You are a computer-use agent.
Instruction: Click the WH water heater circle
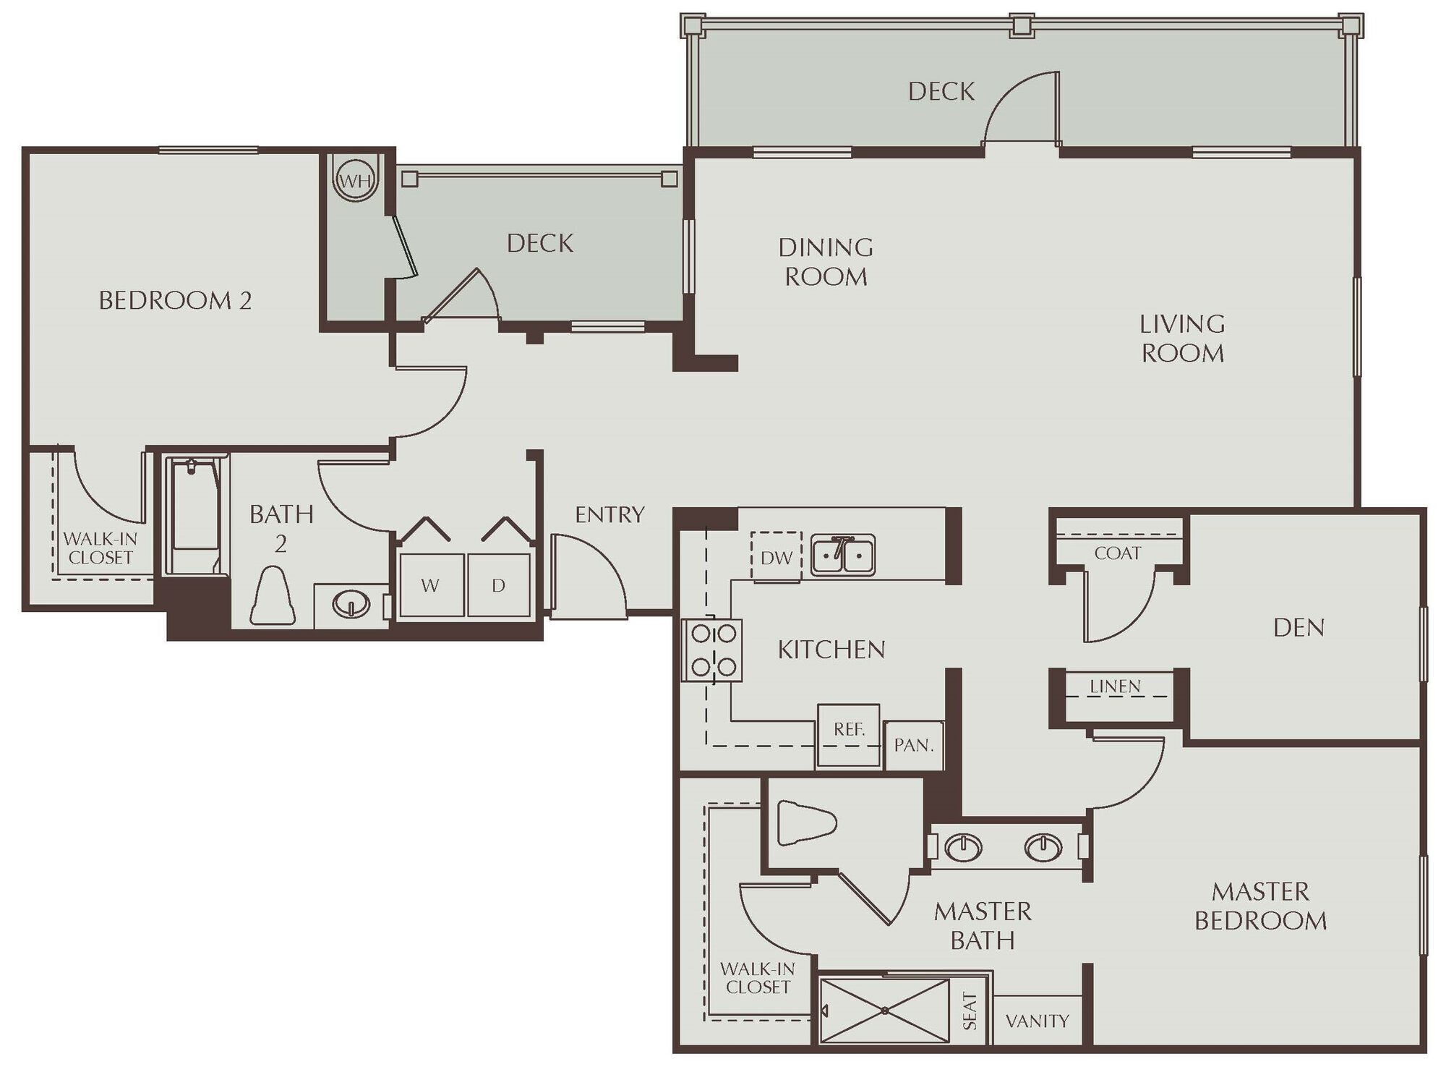pos(355,181)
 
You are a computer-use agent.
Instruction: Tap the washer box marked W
pos(431,585)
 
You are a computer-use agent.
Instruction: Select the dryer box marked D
pos(499,585)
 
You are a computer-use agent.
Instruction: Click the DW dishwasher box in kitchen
pos(777,557)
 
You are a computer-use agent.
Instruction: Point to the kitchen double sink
pos(842,556)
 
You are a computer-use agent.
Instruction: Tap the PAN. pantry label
pos(914,745)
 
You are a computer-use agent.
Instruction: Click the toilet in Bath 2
pos(273,598)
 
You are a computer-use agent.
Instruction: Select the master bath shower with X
pos(884,1011)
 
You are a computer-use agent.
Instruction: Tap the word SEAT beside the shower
pos(970,1011)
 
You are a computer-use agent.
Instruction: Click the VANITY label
pos(1037,1021)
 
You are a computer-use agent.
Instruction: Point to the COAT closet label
pos(1117,553)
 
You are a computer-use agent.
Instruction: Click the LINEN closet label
pos(1115,686)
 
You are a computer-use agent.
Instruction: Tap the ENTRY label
pos(609,514)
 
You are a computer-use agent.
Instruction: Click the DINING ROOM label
pos(826,262)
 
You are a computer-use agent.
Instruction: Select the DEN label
pos(1299,627)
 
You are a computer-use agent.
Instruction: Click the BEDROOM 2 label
pos(175,300)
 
